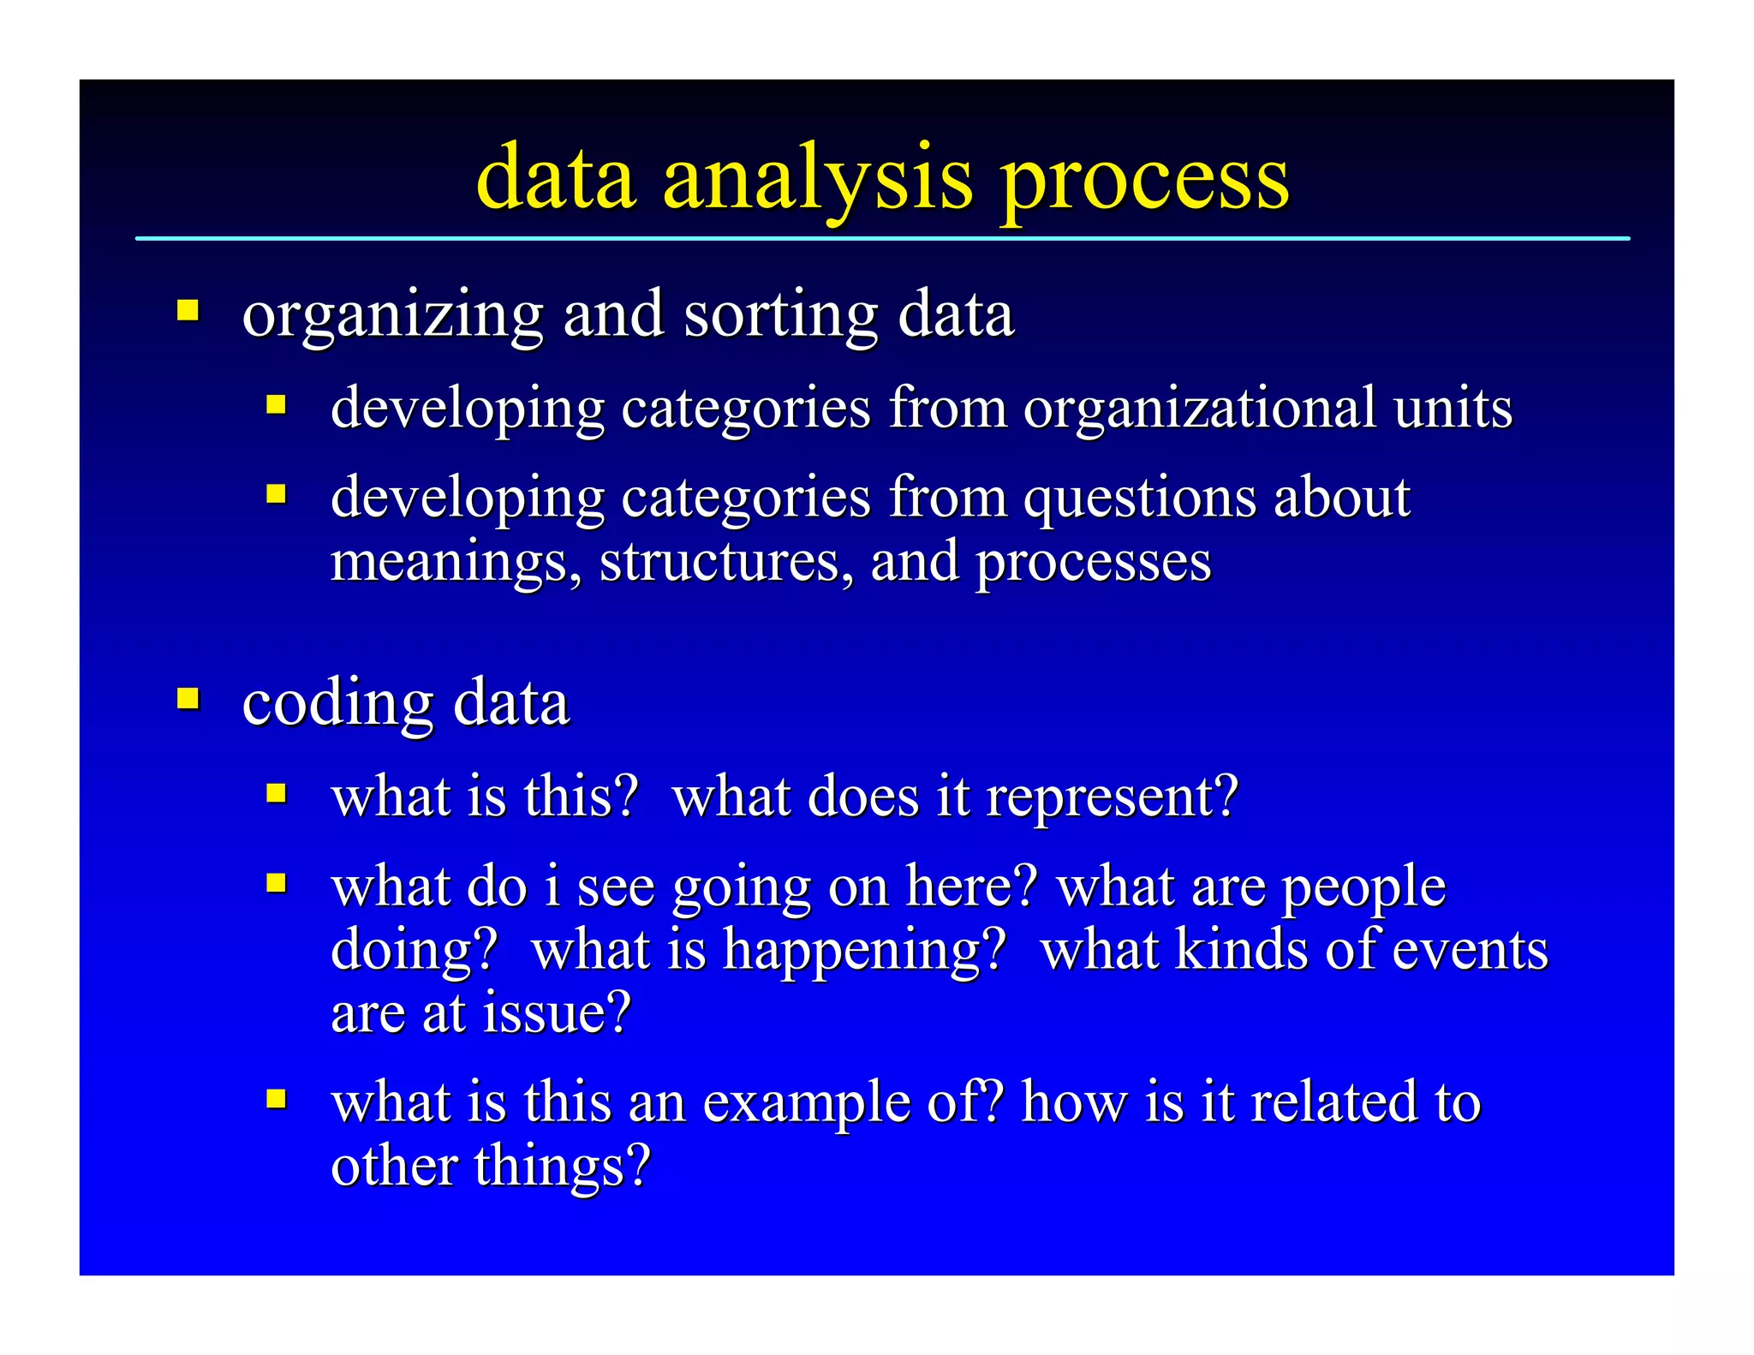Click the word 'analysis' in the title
817,178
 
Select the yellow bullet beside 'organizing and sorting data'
188,309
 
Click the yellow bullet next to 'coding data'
188,699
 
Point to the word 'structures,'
726,562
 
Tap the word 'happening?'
865,952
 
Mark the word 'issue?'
557,1012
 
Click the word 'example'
806,1103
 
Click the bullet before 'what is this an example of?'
276,1098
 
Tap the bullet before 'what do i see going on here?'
276,882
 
